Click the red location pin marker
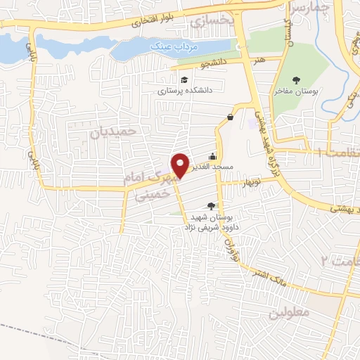pyautogui.click(x=181, y=165)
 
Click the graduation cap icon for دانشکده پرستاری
pyautogui.click(x=184, y=79)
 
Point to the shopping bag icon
pyautogui.click(x=231, y=117)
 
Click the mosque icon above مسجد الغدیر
pyautogui.click(x=213, y=157)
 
